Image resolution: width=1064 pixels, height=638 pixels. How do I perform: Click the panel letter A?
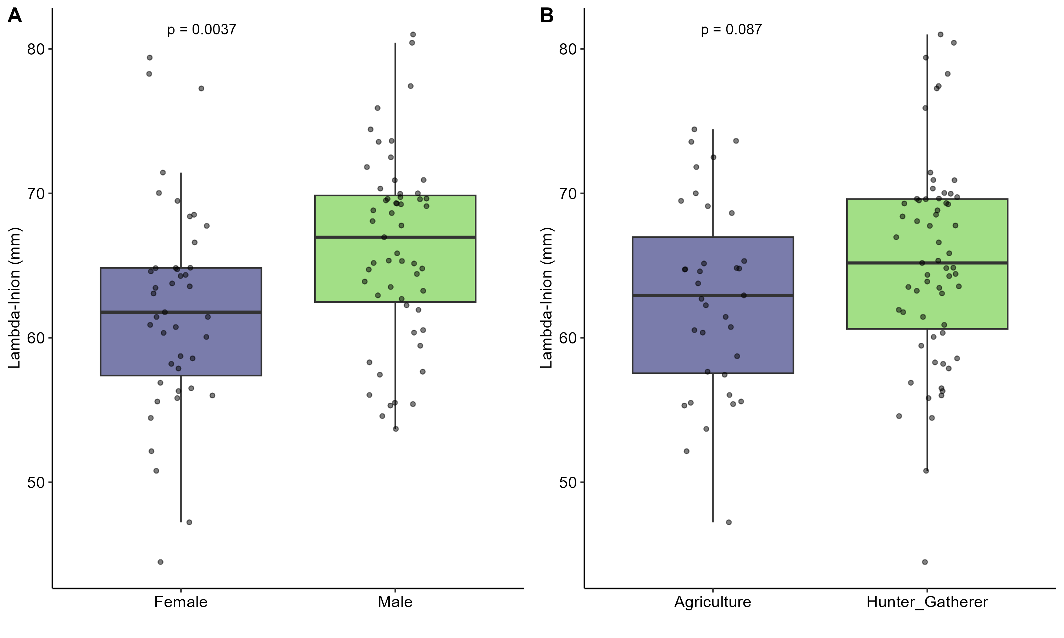click(x=15, y=16)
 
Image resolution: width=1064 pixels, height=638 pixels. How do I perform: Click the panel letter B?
click(x=547, y=16)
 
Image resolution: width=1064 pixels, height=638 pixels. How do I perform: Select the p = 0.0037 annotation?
click(x=202, y=30)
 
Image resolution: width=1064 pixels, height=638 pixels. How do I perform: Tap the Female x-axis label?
click(x=181, y=602)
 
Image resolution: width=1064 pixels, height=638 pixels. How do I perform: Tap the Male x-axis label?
click(x=395, y=602)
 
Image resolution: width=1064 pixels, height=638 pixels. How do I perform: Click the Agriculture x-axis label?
click(x=713, y=602)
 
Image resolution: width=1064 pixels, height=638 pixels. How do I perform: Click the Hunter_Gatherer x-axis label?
click(x=927, y=602)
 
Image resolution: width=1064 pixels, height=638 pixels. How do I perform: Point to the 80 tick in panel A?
click(x=36, y=49)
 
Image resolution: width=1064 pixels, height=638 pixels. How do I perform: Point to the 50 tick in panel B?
click(x=568, y=483)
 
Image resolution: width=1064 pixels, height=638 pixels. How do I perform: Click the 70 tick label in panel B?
click(x=568, y=194)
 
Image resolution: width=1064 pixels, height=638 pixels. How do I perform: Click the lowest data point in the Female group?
click(x=160, y=562)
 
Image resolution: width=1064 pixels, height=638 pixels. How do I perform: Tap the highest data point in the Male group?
click(x=413, y=34)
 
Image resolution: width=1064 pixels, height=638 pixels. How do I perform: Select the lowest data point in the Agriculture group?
click(x=728, y=522)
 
